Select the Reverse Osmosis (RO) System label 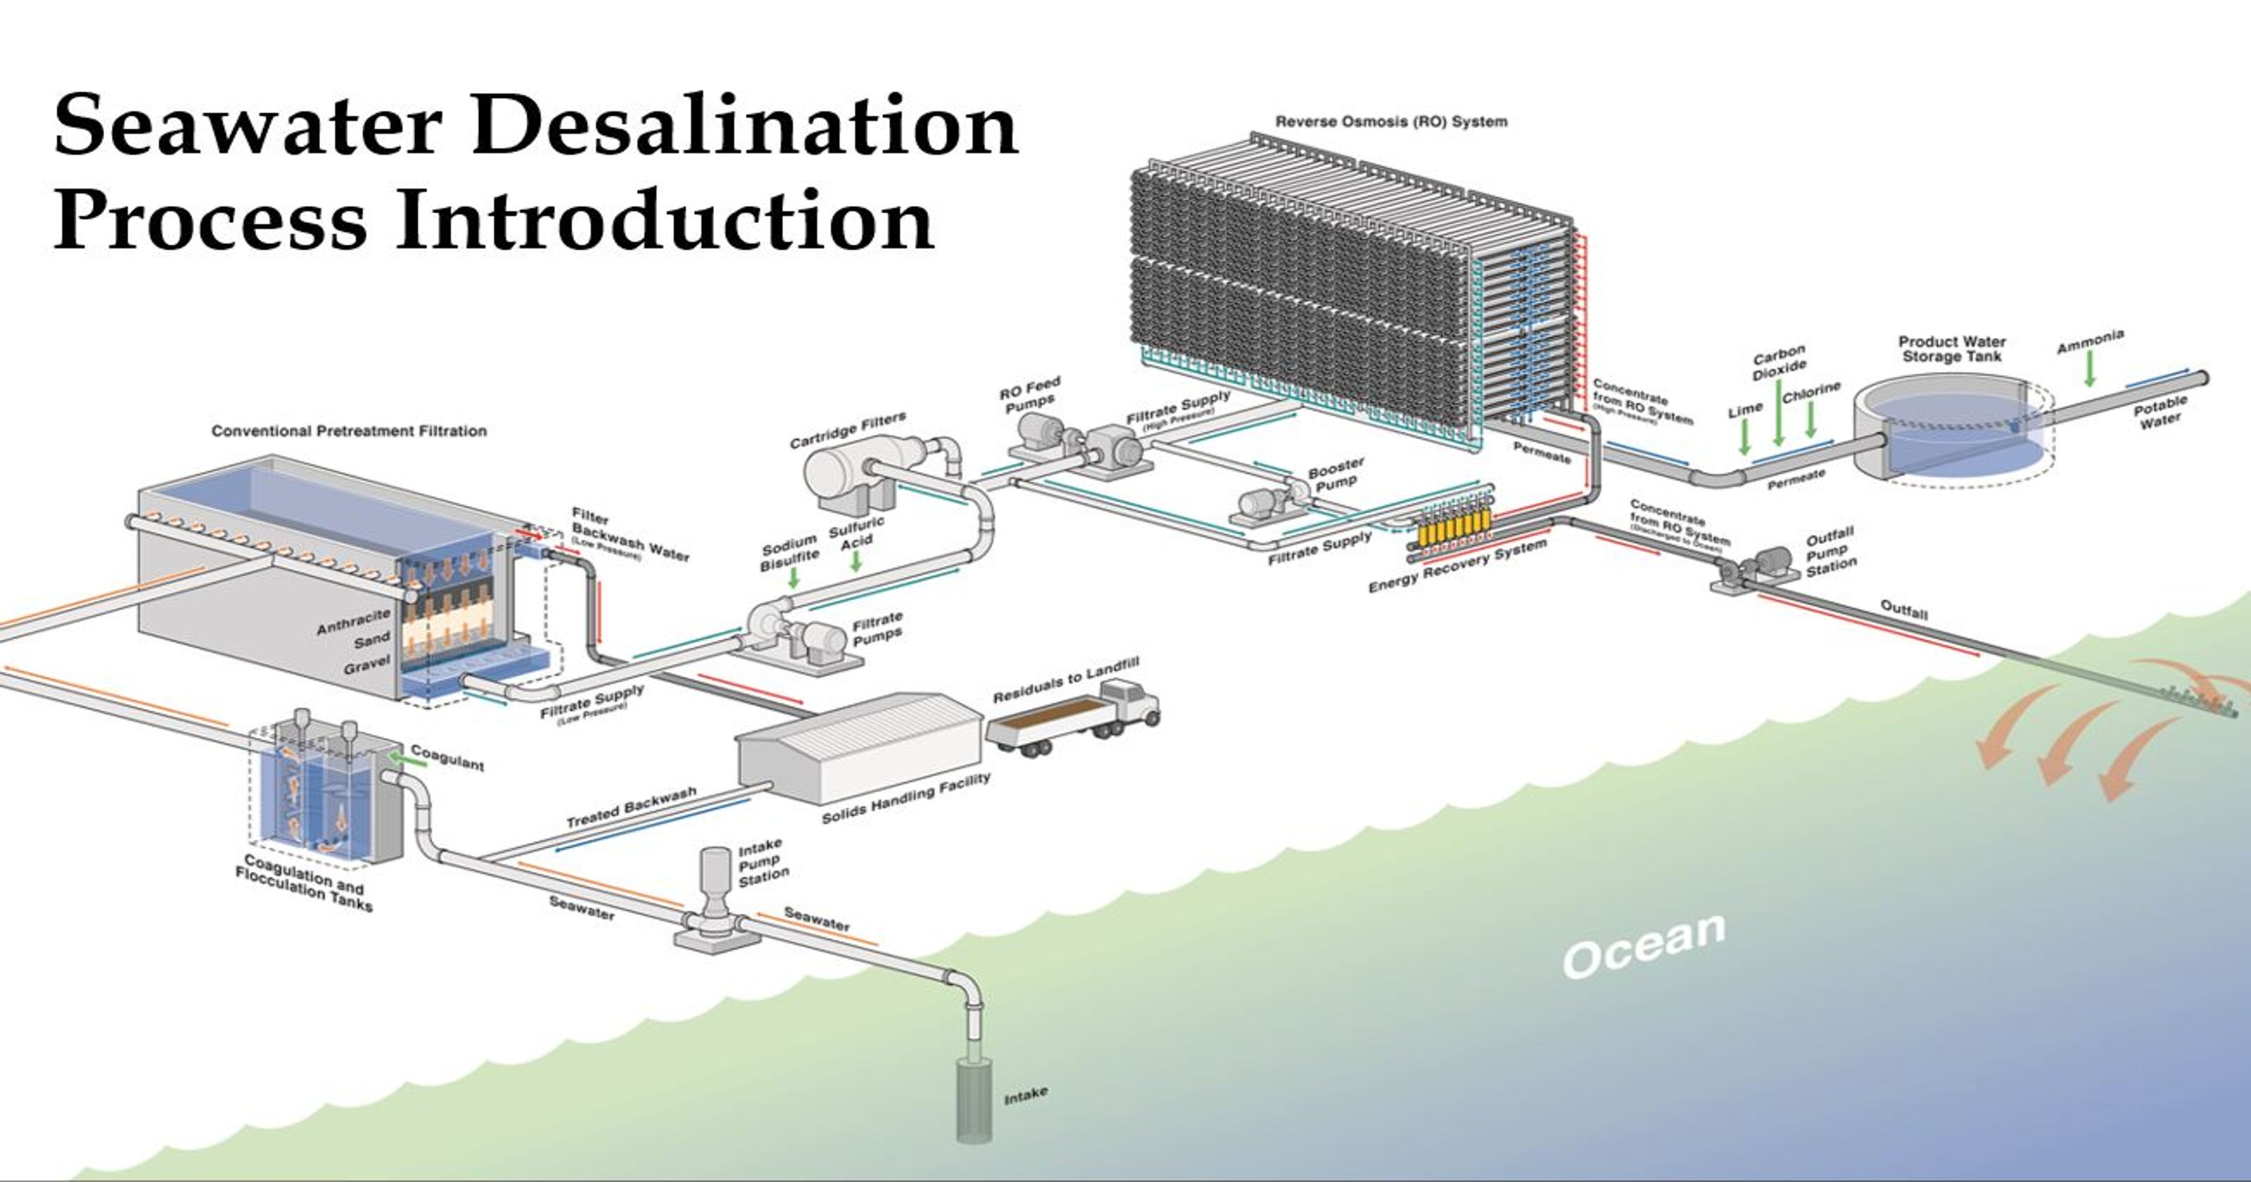pyautogui.click(x=1391, y=122)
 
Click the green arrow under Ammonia pyautogui.click(x=2089, y=371)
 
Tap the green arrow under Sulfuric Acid pyautogui.click(x=856, y=561)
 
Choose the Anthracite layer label pyautogui.click(x=353, y=621)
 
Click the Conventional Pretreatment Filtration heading pyautogui.click(x=349, y=431)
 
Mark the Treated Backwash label pyautogui.click(x=631, y=807)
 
